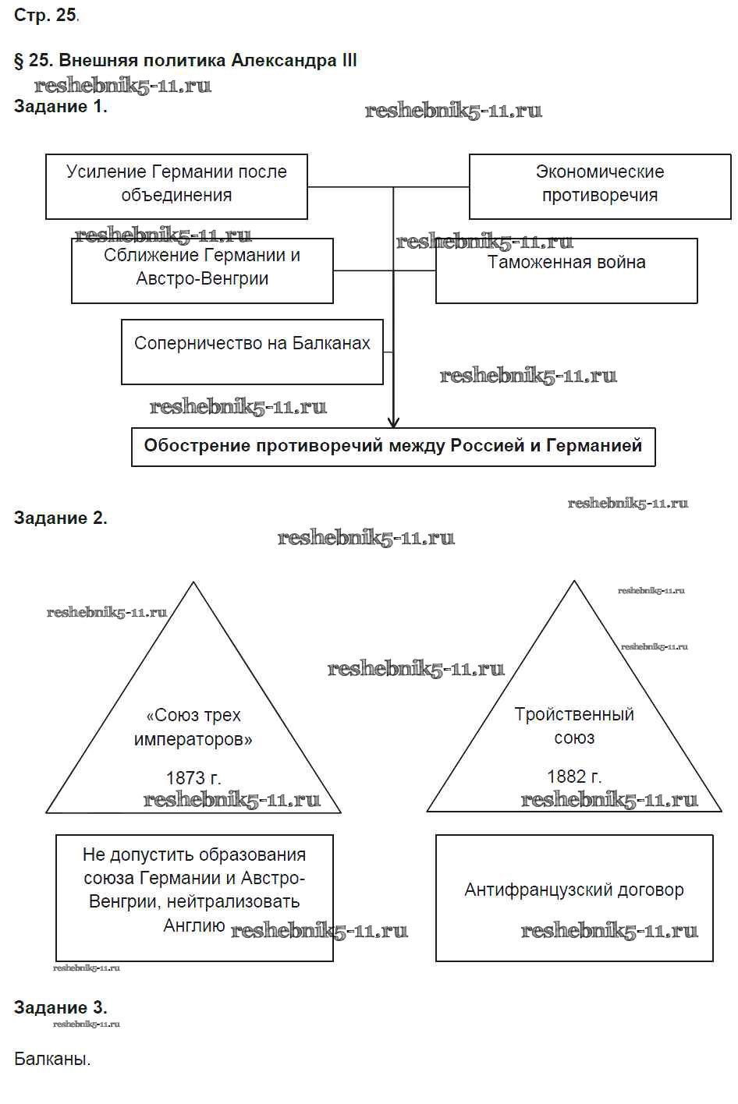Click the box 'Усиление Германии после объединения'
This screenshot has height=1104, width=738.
coord(176,186)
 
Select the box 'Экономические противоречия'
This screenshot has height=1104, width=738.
coord(599,186)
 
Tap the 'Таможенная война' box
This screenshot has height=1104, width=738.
coord(566,270)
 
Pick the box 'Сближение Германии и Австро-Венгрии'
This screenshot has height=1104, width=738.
coord(202,270)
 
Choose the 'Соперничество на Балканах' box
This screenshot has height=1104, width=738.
coord(252,351)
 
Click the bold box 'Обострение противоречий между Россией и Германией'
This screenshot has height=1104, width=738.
coord(393,447)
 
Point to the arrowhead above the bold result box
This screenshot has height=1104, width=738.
coord(393,421)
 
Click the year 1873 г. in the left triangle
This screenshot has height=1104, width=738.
coord(193,777)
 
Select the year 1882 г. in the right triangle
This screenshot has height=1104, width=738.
coord(574,777)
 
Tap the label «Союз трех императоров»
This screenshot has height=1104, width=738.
coord(193,727)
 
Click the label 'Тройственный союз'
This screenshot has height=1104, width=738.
coord(574,726)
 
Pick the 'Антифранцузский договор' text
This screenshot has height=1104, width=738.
coord(574,890)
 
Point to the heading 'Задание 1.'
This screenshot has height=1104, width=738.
coord(61,107)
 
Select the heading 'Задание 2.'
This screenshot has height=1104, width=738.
coord(61,518)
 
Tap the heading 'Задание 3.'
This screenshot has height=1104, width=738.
coord(61,1007)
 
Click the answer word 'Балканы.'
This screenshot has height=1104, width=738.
coord(52,1059)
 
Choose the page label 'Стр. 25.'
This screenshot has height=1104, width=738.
coord(46,16)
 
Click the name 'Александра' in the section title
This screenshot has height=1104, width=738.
coord(282,60)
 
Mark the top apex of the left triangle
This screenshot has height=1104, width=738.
coord(193,583)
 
